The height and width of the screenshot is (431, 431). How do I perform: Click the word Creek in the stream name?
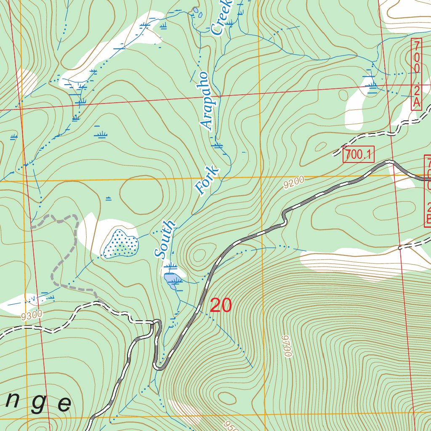point(221,17)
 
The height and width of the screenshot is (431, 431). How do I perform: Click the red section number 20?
point(221,306)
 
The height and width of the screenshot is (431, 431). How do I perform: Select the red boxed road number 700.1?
point(358,155)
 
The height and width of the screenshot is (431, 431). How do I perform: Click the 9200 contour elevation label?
point(293,183)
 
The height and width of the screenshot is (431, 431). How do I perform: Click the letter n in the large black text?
point(13,402)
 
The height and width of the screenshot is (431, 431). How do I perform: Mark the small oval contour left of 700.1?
point(320,146)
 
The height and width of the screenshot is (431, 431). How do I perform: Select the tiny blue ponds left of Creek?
point(197,12)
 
